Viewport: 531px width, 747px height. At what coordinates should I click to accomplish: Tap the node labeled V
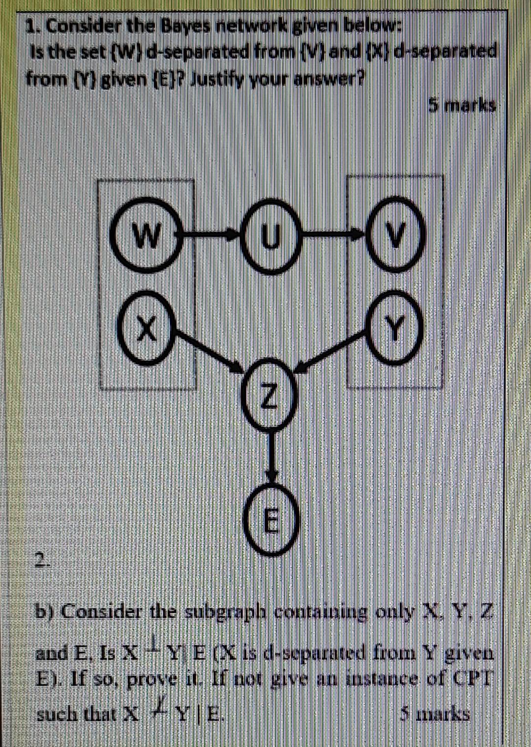(396, 236)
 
